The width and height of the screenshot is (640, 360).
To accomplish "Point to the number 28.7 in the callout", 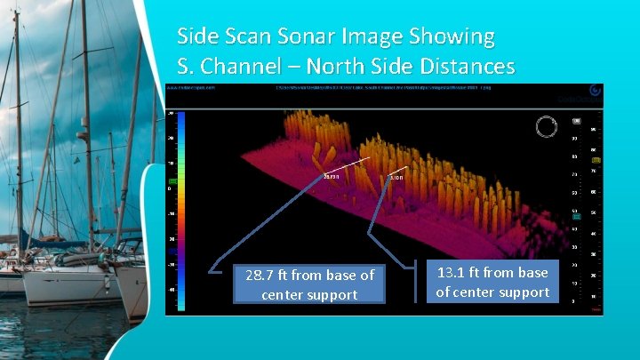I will point(263,276).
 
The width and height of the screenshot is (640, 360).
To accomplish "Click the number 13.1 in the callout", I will point(455,273).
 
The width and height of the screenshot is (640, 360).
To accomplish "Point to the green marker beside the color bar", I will point(172,181).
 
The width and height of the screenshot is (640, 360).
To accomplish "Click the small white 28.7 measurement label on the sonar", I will point(332,177).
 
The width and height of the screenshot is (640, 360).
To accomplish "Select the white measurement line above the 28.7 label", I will point(345,166).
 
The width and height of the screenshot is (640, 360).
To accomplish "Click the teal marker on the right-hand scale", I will point(577,216).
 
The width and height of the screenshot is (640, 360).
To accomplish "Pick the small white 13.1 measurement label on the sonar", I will point(396,178).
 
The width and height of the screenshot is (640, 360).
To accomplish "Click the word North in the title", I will point(322,67).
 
